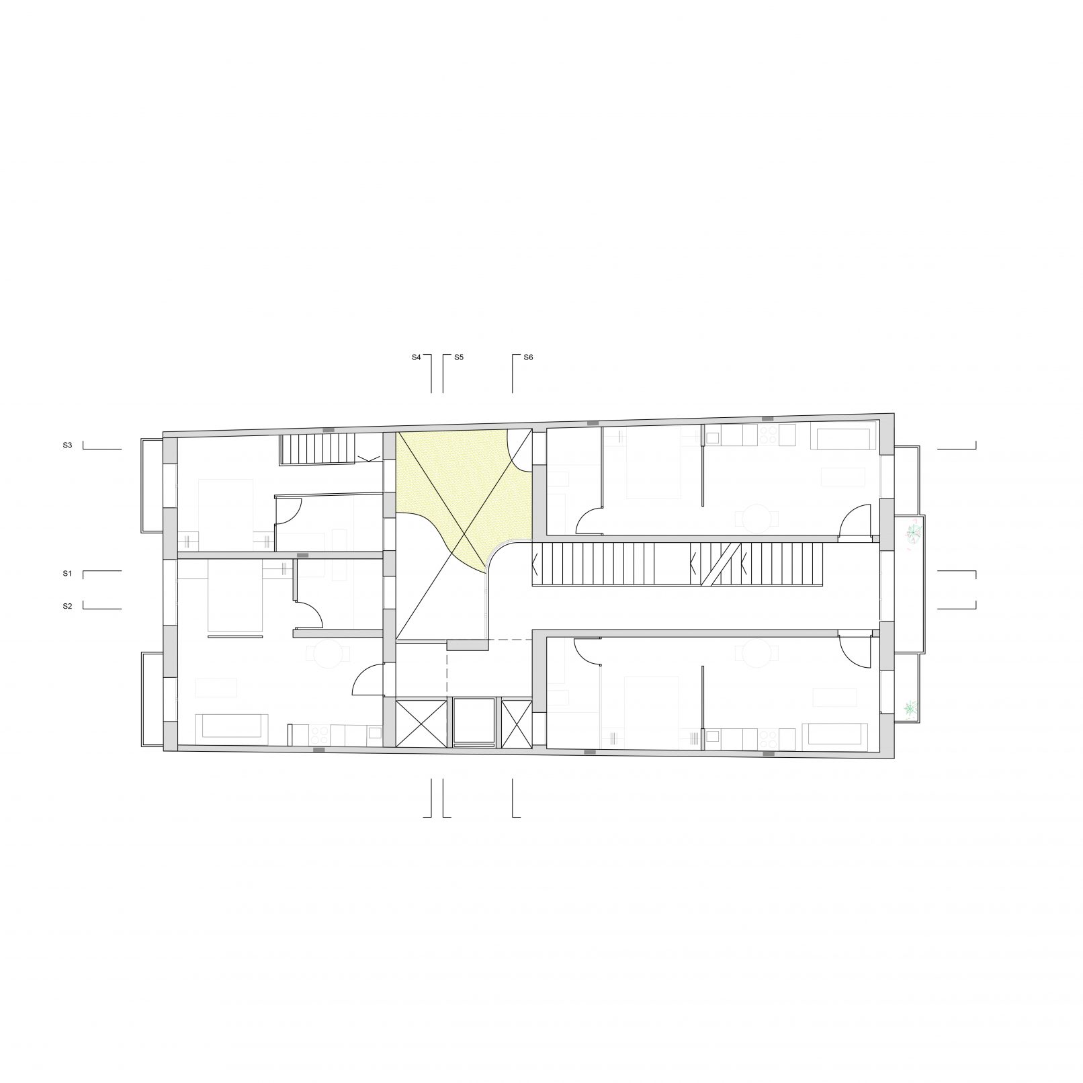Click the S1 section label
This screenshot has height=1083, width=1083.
click(67, 574)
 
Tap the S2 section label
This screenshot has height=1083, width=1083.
click(67, 607)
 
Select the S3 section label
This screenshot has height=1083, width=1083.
click(67, 445)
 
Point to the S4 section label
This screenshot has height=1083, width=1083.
click(417, 358)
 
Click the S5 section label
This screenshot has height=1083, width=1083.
click(459, 358)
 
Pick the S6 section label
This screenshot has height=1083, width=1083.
click(528, 358)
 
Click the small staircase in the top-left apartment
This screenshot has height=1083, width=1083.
click(317, 448)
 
